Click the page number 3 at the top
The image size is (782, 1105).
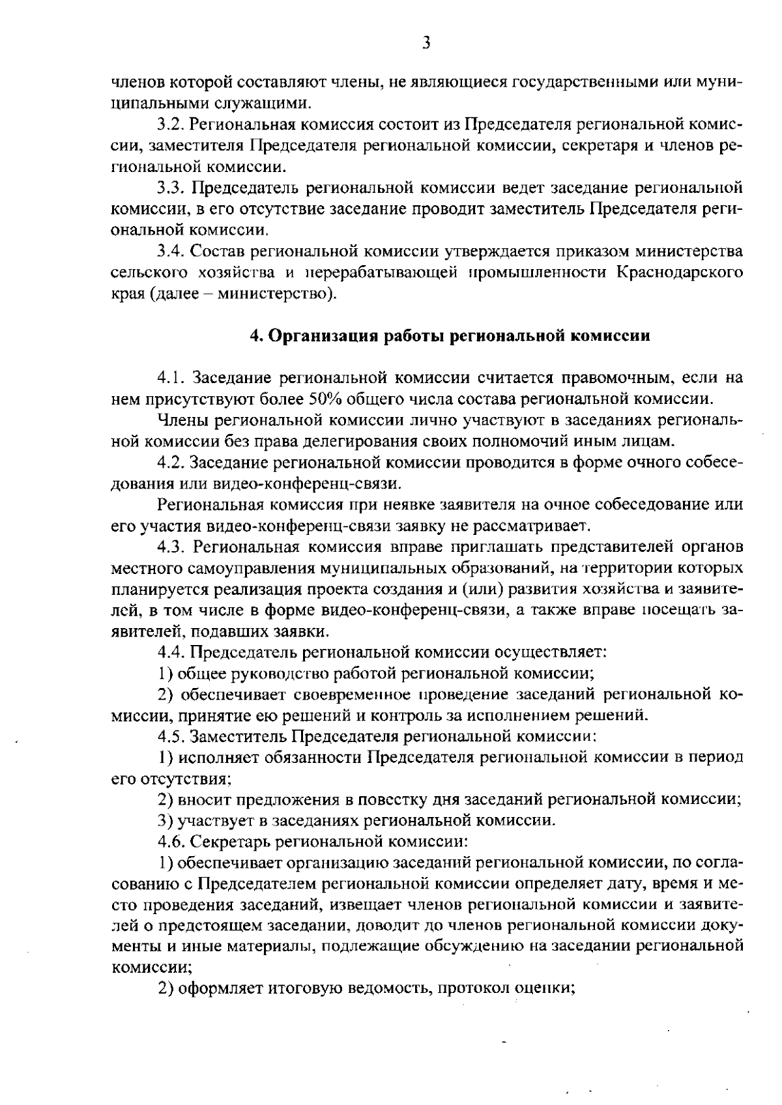tap(426, 44)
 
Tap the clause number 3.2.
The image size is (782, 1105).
tap(171, 124)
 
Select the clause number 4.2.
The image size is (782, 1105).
tap(171, 463)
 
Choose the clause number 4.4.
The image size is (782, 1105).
tap(171, 652)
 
